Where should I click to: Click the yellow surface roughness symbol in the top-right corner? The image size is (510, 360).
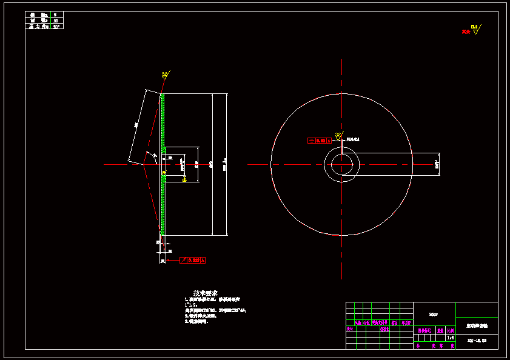pyautogui.click(x=475, y=30)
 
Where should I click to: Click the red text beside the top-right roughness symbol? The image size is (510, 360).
pyautogui.click(x=466, y=32)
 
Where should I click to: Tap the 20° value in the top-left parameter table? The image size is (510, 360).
pyautogui.click(x=58, y=27)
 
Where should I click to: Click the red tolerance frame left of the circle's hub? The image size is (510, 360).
pyautogui.click(x=320, y=141)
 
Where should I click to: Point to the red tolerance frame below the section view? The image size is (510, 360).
pyautogui.click(x=192, y=260)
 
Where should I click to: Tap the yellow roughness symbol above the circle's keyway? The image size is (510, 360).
pyautogui.click(x=338, y=136)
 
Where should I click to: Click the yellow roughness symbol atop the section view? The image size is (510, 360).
pyautogui.click(x=165, y=76)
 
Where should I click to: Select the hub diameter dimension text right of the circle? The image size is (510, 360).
pyautogui.click(x=437, y=164)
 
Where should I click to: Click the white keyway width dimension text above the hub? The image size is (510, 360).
pyautogui.click(x=353, y=139)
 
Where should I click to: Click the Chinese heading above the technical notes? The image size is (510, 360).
pyautogui.click(x=205, y=292)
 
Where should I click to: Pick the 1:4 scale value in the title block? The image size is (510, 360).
pyautogui.click(x=450, y=338)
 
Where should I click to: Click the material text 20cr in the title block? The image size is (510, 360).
pyautogui.click(x=434, y=314)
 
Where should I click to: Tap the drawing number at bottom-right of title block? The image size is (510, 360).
pyautogui.click(x=477, y=341)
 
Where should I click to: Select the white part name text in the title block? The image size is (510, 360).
pyautogui.click(x=477, y=325)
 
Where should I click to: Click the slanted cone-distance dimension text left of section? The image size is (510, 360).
pyautogui.click(x=137, y=125)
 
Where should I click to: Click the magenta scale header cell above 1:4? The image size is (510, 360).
pyautogui.click(x=450, y=331)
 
